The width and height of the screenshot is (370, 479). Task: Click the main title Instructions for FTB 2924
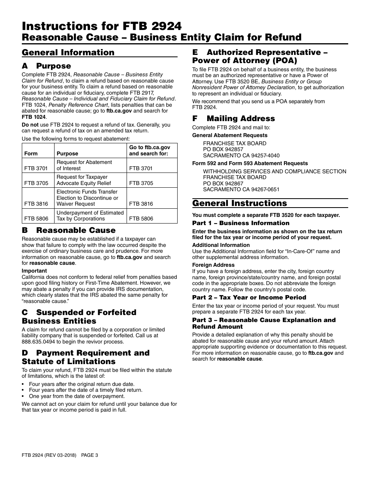(102, 26)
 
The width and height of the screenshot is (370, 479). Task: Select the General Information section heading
(68, 53)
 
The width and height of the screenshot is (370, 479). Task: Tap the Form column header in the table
(31, 153)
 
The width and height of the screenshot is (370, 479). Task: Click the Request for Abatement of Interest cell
(84, 165)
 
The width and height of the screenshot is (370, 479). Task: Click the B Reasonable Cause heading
(69, 230)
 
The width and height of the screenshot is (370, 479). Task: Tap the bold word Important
(34, 271)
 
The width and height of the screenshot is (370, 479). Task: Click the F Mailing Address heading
(233, 118)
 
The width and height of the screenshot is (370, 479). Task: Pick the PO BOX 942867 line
(223, 183)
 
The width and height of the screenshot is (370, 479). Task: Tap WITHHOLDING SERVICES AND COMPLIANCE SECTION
(274, 171)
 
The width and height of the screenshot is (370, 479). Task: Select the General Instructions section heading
(240, 203)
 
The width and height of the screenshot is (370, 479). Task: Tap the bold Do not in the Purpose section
(30, 125)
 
